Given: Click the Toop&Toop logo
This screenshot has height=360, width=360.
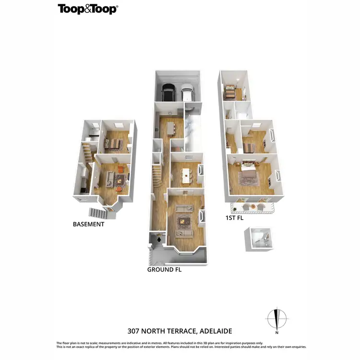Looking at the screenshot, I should (x=88, y=9).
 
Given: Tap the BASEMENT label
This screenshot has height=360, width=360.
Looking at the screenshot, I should (x=88, y=224).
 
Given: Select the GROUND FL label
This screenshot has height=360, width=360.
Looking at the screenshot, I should (x=164, y=270).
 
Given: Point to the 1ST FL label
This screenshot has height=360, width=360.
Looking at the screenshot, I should (x=235, y=218).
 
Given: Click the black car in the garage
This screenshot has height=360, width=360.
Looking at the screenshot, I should (x=168, y=92).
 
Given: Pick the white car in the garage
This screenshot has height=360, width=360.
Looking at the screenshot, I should (x=187, y=92).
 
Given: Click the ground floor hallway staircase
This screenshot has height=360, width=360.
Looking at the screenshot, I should (x=156, y=176).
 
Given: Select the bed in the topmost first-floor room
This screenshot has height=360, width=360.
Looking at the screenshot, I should (x=230, y=90).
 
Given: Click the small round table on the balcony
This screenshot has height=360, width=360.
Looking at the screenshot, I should (x=253, y=206).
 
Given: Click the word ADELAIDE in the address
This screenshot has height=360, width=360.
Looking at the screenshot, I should (x=212, y=331).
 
